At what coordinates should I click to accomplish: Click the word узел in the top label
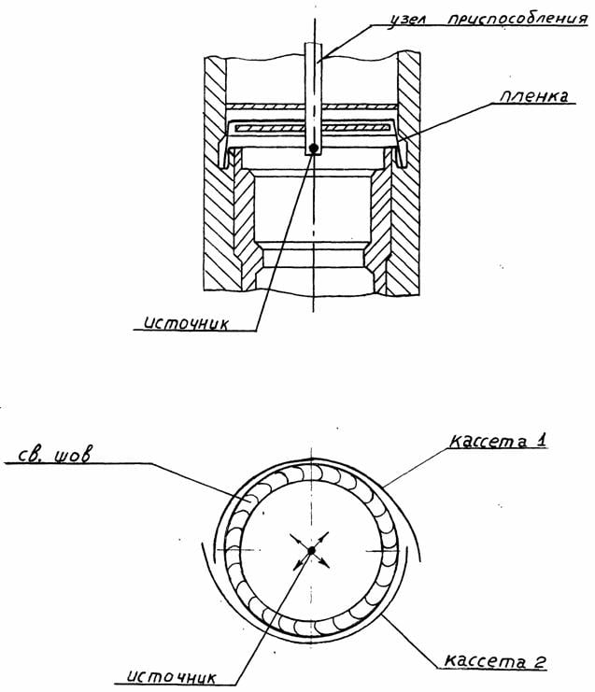pyautogui.click(x=404, y=21)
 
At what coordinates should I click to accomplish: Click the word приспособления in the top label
pyautogui.click(x=517, y=20)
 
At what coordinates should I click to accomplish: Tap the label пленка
pyautogui.click(x=533, y=96)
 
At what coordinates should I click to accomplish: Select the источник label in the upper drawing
pyautogui.click(x=186, y=323)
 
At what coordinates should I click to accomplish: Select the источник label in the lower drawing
pyautogui.click(x=171, y=676)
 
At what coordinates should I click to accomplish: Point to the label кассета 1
pyautogui.click(x=498, y=441)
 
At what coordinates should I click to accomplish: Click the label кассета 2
pyautogui.click(x=495, y=660)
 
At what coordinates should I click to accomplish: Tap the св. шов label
pyautogui.click(x=55, y=455)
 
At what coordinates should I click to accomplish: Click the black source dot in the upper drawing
pyautogui.click(x=314, y=148)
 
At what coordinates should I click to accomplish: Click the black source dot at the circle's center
pyautogui.click(x=312, y=550)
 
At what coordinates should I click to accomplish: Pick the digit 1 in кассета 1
pyautogui.click(x=541, y=440)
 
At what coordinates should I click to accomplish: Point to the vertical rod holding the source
pyautogui.click(x=314, y=98)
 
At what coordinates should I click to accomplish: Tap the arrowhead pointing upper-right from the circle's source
pyautogui.click(x=326, y=535)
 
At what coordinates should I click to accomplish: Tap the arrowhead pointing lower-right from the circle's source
pyautogui.click(x=326, y=564)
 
